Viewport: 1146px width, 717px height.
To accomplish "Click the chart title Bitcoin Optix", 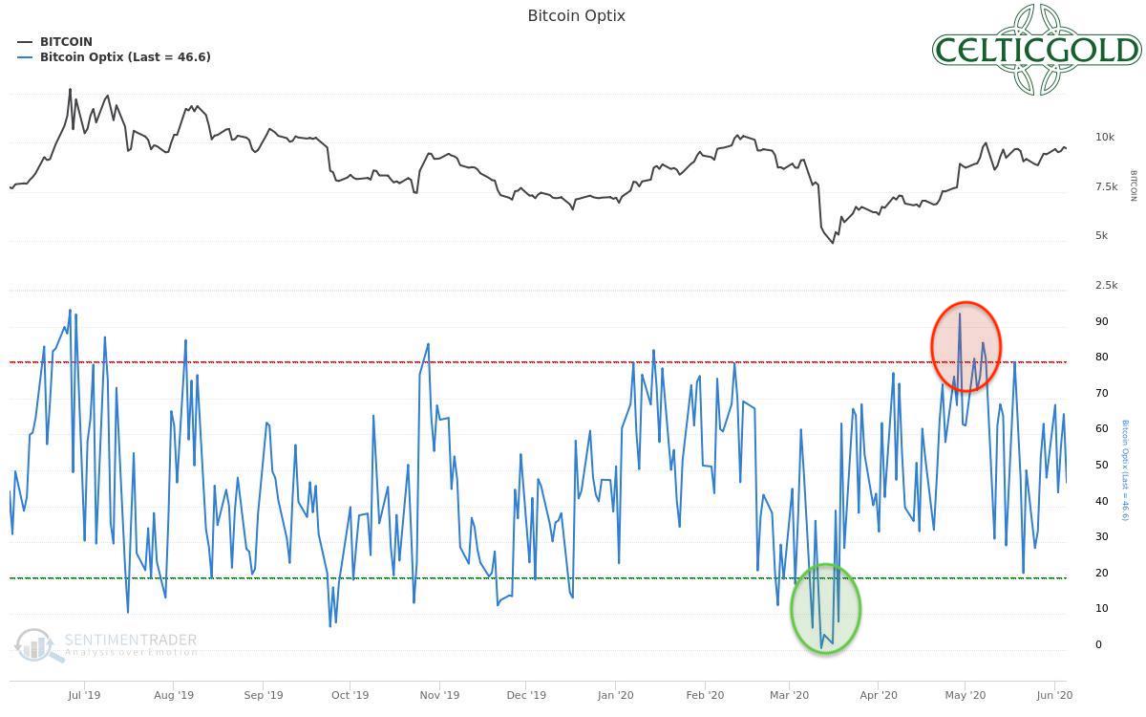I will point(576,15).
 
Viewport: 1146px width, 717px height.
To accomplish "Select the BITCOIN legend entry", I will point(66,42).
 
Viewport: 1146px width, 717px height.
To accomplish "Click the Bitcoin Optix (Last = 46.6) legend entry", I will point(124,57).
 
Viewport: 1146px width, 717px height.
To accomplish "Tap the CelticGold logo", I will point(1036,50).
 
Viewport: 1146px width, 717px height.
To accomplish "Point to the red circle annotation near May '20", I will point(966,346).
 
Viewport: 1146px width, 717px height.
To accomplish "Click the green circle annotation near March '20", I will point(825,609).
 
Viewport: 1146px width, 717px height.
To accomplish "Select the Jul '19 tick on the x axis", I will point(84,696).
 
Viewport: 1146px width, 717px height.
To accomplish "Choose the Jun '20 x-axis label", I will point(1053,696).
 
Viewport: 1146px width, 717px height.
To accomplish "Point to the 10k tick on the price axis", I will point(1105,138).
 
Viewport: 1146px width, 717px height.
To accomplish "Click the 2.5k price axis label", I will point(1106,286).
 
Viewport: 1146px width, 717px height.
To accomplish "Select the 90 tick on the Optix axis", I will point(1102,322).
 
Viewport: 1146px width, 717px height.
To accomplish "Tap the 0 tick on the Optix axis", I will point(1098,645).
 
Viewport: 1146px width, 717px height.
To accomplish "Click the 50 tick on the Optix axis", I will point(1102,466).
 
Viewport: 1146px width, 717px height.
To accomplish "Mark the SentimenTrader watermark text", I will point(131,641).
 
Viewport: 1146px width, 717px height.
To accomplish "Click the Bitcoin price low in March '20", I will point(832,243).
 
